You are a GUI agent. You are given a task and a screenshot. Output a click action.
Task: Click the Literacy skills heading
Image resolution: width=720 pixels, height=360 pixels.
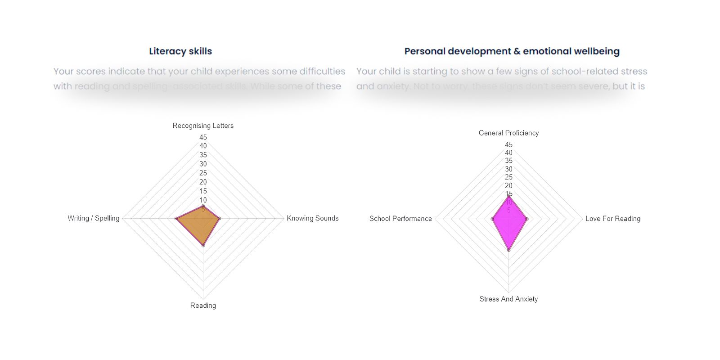[180, 51]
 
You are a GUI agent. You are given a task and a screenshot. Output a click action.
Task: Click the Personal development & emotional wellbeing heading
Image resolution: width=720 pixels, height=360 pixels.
[512, 51]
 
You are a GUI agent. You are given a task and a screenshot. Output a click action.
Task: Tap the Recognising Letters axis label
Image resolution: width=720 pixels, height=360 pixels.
[203, 126]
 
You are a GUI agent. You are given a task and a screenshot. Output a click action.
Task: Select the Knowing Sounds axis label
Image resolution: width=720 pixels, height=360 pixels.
[312, 218]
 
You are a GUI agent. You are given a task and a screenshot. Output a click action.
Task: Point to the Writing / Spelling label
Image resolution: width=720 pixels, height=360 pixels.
[94, 218]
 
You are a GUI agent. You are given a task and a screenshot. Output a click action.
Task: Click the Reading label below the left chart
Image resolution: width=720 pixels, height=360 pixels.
[203, 306]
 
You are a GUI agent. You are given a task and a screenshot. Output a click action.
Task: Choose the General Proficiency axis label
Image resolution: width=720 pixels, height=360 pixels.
[508, 133]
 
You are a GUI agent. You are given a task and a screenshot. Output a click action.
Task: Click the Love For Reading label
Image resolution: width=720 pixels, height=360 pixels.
[612, 219]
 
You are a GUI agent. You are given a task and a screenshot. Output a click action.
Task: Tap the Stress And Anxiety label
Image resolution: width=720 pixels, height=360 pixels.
[508, 299]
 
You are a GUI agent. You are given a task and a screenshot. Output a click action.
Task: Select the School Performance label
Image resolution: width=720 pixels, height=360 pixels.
[400, 219]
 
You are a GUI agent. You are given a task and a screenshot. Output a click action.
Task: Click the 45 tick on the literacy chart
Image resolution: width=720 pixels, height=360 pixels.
[203, 137]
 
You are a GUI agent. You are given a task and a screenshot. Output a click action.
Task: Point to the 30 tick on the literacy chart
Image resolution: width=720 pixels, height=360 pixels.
[203, 164]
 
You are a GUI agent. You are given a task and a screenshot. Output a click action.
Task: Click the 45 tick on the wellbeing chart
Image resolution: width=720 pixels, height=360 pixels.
[508, 144]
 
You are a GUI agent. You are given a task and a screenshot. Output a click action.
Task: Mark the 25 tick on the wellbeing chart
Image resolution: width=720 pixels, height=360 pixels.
[508, 177]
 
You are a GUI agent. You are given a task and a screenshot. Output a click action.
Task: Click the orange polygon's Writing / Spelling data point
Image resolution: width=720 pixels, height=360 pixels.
[176, 219]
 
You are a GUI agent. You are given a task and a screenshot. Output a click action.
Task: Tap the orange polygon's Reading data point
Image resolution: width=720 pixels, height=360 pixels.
[203, 245]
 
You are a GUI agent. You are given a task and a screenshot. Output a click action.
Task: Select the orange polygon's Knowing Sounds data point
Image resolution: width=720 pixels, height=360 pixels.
[219, 219]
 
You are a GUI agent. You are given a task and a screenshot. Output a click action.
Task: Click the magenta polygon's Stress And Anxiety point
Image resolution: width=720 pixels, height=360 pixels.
[508, 250]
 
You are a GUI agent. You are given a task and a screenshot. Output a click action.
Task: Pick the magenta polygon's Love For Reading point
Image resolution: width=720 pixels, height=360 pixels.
[527, 219]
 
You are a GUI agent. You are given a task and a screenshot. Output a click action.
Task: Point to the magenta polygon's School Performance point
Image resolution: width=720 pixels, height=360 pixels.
[492, 219]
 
